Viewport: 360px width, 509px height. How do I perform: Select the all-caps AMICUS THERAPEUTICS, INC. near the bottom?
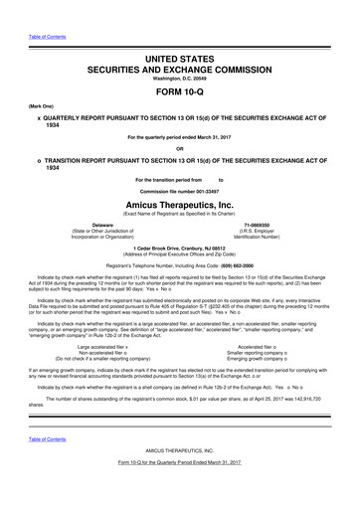tap(180, 476)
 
